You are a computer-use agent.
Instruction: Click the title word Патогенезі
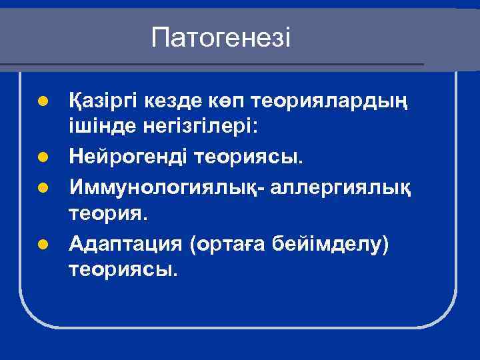point(221,37)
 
